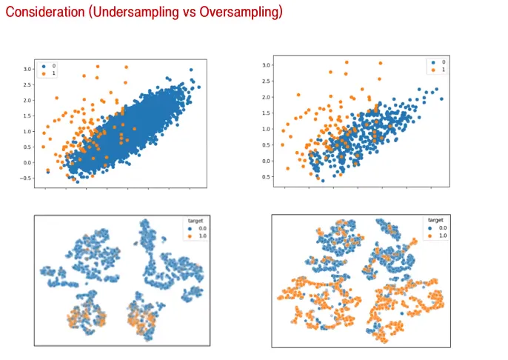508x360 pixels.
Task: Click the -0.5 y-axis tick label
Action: (x=27, y=179)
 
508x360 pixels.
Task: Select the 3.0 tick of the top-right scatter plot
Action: (x=268, y=65)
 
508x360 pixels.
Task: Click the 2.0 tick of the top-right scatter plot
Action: (x=268, y=96)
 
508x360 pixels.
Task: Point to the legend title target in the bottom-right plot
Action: (x=435, y=220)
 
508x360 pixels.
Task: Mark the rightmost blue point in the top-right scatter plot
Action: (x=442, y=99)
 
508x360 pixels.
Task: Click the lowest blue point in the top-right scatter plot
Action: (x=321, y=180)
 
